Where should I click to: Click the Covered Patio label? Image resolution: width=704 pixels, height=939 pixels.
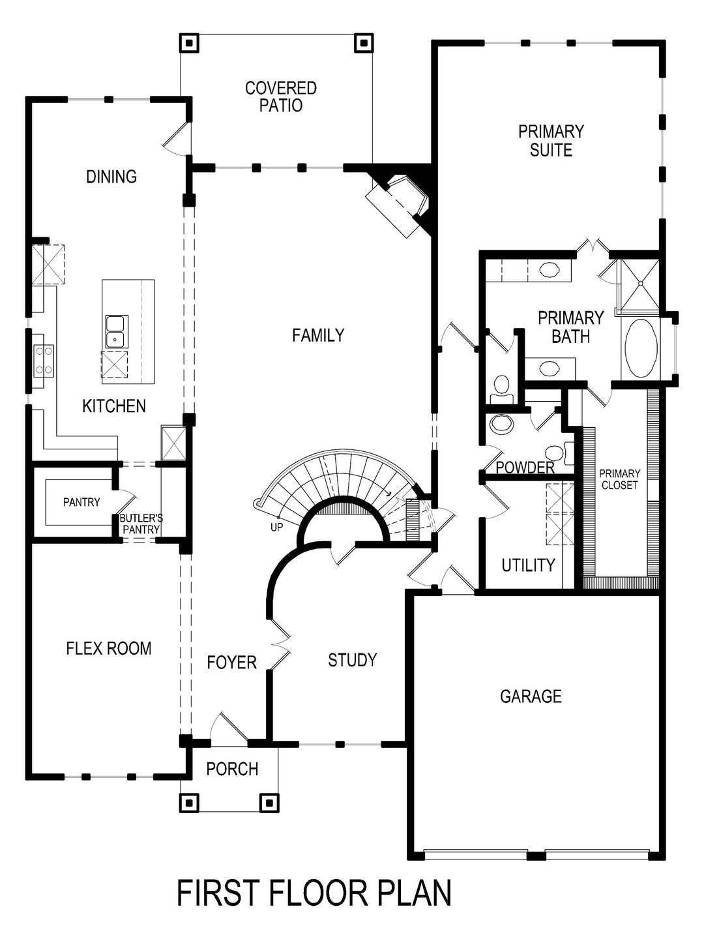(x=281, y=97)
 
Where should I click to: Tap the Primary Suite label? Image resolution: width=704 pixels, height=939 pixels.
(x=551, y=141)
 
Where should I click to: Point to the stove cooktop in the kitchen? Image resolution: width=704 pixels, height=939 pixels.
(x=44, y=360)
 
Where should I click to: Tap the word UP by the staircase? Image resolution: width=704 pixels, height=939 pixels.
(x=276, y=527)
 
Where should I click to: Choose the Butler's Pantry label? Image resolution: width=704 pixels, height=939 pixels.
(x=141, y=524)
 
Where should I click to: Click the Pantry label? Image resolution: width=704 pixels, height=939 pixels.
(x=81, y=502)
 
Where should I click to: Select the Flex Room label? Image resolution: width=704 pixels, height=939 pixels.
(x=109, y=648)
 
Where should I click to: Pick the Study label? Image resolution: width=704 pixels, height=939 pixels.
(x=352, y=661)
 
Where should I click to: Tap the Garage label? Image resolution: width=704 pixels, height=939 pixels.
(x=531, y=696)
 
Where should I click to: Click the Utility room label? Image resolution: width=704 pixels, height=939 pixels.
(x=528, y=565)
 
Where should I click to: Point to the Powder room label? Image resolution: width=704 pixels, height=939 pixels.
(x=525, y=468)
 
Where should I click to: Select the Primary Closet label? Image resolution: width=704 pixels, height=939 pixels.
(x=619, y=479)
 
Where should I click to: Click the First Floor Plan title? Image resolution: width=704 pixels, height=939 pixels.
(x=314, y=893)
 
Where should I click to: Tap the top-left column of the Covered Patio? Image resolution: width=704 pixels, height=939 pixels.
(x=190, y=44)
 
